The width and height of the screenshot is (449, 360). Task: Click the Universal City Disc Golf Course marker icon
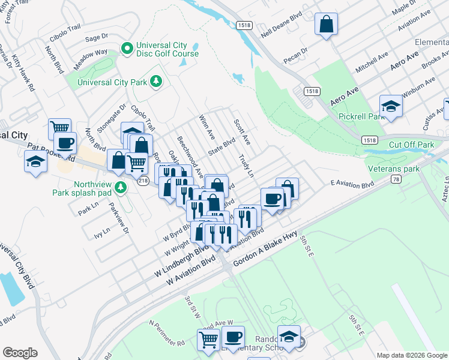click(x=127, y=47)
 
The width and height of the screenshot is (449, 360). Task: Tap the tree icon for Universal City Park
click(x=156, y=80)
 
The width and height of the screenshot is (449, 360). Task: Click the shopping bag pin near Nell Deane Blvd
click(x=326, y=25)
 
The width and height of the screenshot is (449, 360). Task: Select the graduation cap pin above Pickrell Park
click(x=391, y=106)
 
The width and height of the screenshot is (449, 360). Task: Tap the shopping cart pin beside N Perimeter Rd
click(x=209, y=340)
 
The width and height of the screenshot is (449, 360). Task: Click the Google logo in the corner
click(x=20, y=353)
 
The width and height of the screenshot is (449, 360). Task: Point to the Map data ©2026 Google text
click(x=412, y=355)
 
